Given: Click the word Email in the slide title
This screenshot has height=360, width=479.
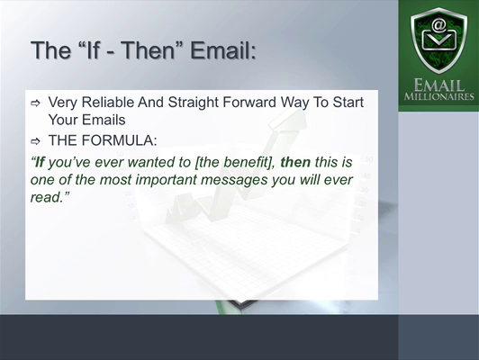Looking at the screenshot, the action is pos(223,50).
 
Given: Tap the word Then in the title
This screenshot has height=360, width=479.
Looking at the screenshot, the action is pos(149,50).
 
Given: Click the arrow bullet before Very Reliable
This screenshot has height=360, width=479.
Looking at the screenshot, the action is pos(35,103).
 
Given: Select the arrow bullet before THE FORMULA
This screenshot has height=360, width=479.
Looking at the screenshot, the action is pos(35,141).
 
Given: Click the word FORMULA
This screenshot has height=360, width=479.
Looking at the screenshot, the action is pos(120,140).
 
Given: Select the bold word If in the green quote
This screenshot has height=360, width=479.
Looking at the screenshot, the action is pos(40,162).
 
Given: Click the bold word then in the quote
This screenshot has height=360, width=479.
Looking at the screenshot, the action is pos(295,162).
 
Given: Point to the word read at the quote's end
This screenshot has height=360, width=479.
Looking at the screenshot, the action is pos(45,197).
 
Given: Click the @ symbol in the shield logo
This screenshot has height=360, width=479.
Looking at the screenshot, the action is pos(438,25).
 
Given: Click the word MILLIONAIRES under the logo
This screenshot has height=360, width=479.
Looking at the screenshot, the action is pos(439,96).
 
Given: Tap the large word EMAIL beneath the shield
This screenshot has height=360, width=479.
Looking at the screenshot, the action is pos(439,85).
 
